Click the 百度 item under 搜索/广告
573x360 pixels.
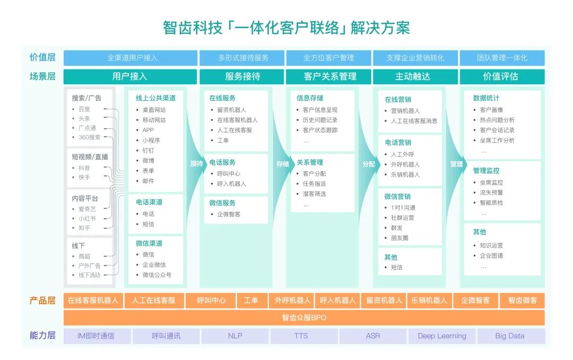[x=84, y=109]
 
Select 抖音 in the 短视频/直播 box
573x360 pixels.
[x=84, y=168]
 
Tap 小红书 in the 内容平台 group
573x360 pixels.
[x=87, y=218]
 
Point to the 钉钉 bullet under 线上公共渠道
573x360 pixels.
[x=148, y=151]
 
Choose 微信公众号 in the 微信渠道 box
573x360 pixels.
[x=157, y=275]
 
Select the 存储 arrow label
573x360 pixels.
[x=283, y=164]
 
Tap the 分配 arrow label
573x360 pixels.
[x=369, y=164]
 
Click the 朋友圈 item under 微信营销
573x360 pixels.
[x=400, y=238]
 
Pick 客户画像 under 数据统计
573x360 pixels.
[x=491, y=110]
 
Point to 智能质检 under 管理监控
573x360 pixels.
[x=491, y=203]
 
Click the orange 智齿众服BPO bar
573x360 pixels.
[x=304, y=318]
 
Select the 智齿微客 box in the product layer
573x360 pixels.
[x=523, y=301]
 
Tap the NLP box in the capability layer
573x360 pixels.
[x=235, y=336]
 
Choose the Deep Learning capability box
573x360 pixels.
[x=442, y=336]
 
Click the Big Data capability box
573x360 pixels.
[x=510, y=336]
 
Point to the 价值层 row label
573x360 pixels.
[x=42, y=58]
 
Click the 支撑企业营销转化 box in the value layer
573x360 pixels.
[x=415, y=58]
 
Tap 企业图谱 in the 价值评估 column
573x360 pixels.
[x=491, y=256]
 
